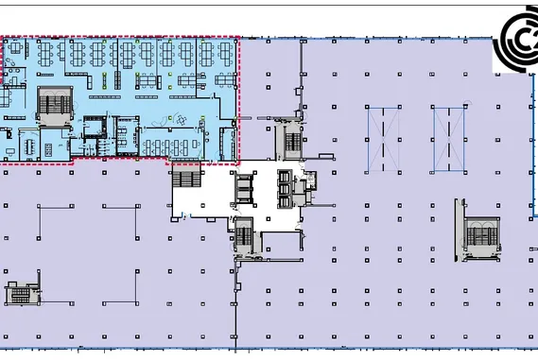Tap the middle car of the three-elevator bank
286,187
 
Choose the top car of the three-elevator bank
286,176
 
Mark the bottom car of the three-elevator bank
286,198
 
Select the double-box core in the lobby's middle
243,187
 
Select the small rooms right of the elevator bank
304,187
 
